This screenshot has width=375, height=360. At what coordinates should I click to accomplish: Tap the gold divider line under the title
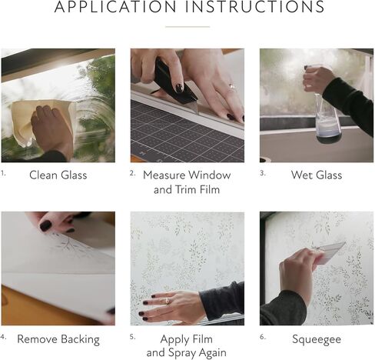(187, 26)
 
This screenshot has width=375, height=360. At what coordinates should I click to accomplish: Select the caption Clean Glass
(58, 175)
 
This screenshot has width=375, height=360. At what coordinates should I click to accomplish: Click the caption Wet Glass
(317, 175)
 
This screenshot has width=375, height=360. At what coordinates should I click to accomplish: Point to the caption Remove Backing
(58, 338)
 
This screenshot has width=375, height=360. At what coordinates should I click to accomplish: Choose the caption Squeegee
(317, 338)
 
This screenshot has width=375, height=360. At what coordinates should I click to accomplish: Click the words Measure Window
(187, 175)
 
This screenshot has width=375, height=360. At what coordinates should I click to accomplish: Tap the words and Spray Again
(187, 352)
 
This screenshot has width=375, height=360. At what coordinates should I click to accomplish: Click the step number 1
(4, 172)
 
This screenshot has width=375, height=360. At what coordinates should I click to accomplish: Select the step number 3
(262, 172)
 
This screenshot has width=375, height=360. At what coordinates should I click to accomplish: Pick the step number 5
(133, 336)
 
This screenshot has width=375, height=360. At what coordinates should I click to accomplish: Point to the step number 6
(262, 336)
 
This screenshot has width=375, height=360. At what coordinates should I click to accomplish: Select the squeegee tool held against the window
(329, 251)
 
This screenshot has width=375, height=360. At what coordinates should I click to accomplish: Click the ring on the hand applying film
(168, 302)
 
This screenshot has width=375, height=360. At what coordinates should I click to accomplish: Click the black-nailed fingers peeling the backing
(50, 224)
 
